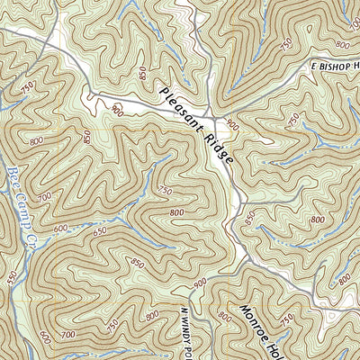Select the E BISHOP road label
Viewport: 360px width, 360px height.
(334, 68)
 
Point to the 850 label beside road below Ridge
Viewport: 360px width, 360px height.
(248, 217)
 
